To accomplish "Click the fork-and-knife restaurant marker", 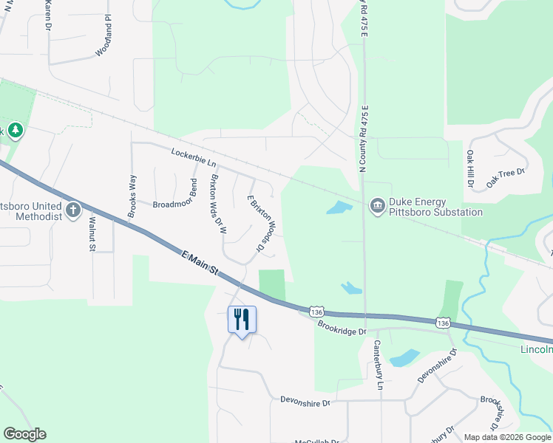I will tap(242, 320).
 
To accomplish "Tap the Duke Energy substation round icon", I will tap(377, 205).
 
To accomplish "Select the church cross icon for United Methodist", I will tap(72, 211).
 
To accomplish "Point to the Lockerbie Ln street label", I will tap(193, 158).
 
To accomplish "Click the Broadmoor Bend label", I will tap(175, 194).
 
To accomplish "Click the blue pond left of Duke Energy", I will tap(338, 207).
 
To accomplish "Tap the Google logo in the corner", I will tap(24, 434).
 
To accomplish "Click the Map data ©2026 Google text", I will tap(508, 437).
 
